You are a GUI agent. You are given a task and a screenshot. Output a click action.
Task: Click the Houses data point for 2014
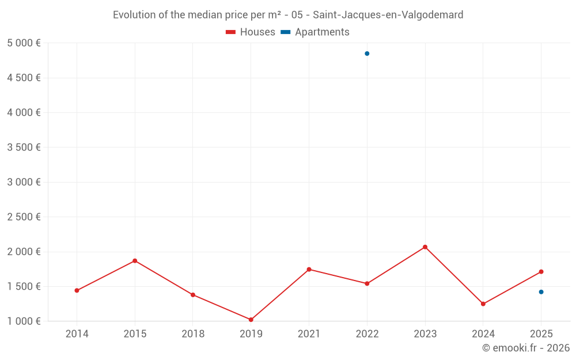(77, 290)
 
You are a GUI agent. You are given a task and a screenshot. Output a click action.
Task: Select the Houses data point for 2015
(135, 260)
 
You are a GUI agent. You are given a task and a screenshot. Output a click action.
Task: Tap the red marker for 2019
(251, 320)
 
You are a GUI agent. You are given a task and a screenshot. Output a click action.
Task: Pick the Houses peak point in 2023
(425, 247)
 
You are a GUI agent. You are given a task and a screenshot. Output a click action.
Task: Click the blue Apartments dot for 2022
(367, 54)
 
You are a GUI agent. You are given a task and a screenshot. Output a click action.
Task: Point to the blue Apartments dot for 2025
(541, 292)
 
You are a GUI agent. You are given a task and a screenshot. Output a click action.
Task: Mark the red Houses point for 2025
(541, 272)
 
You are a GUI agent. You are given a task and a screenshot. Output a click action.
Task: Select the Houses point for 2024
(483, 304)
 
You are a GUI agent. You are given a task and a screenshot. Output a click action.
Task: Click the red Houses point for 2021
(309, 269)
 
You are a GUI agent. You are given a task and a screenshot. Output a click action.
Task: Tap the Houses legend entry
(251, 32)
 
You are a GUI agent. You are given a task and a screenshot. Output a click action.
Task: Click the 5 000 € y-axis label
(24, 43)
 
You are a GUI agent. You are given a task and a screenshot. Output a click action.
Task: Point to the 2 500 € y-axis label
(24, 217)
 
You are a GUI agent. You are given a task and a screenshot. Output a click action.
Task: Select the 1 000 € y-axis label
(24, 321)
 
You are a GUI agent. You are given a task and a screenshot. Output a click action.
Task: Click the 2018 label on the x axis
(193, 334)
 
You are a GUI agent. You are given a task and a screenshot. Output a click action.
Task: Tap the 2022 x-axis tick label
(367, 334)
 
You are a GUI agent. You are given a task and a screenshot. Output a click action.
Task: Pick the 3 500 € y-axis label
(24, 147)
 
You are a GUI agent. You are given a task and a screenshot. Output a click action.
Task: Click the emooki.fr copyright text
(525, 348)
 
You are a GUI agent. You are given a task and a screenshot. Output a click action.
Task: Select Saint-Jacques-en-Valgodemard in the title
(388, 15)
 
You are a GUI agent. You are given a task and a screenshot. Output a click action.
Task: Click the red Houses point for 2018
(193, 295)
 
